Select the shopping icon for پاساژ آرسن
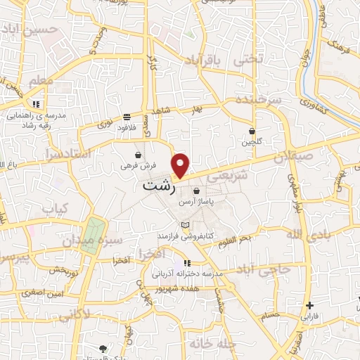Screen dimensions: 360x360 tap(195, 191)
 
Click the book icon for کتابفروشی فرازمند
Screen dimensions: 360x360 tap(185, 224)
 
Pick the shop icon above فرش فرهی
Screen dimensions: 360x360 tap(138, 155)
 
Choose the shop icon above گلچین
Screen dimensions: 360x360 tap(252, 131)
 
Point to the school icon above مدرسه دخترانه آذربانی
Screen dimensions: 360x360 tap(186, 263)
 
